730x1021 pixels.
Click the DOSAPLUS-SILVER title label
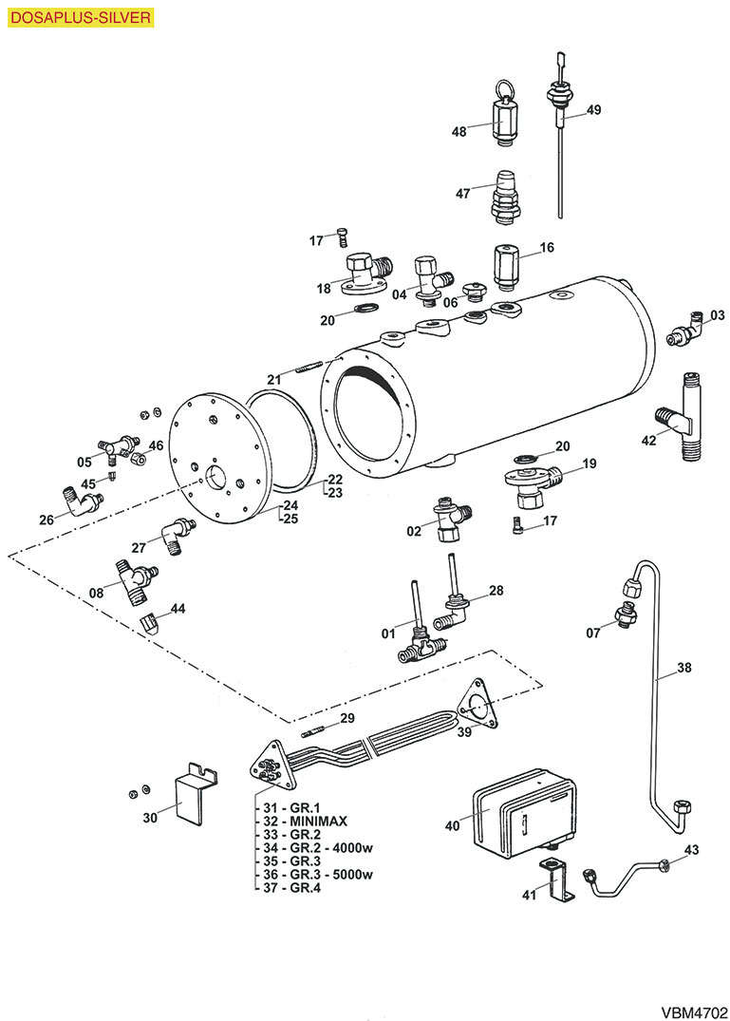click(79, 16)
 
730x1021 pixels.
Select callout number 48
click(459, 132)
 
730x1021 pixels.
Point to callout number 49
click(593, 110)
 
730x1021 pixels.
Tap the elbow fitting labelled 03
click(685, 331)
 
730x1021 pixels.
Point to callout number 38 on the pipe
click(684, 668)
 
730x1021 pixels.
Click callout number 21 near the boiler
click(273, 380)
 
